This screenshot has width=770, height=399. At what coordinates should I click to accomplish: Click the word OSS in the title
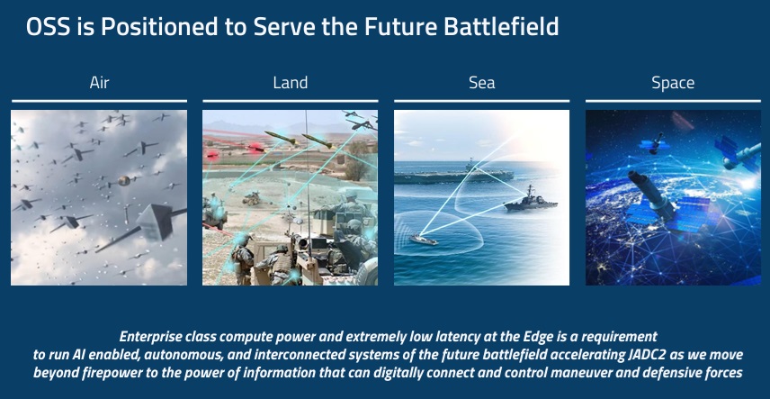coord(49,26)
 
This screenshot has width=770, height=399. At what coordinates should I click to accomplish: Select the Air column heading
coord(99,83)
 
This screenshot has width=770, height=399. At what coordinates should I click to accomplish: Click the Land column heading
coord(291,83)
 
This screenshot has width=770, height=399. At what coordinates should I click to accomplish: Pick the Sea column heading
coord(482,83)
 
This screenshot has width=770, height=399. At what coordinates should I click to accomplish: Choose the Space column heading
coord(673,83)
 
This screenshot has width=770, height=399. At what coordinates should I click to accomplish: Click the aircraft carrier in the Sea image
coord(453,174)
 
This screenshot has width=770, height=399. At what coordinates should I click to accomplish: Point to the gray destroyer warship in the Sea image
coord(531,201)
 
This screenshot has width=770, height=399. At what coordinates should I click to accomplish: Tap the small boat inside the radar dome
coord(424,239)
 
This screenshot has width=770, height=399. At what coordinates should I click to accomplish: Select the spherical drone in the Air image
coord(124,180)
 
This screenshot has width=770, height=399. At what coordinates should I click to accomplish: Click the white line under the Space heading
coord(673,101)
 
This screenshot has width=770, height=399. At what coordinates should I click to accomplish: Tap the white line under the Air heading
coord(99,101)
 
